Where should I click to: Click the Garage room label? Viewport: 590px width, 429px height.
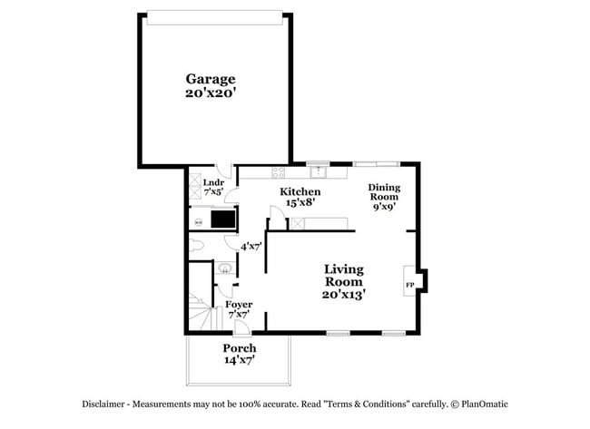pyautogui.click(x=211, y=79)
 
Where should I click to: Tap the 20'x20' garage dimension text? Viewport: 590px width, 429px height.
pyautogui.click(x=211, y=93)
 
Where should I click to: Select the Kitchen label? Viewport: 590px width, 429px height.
pyautogui.click(x=300, y=191)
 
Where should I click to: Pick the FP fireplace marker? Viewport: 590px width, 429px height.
pyautogui.click(x=409, y=285)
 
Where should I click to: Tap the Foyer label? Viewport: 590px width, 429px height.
pyautogui.click(x=239, y=304)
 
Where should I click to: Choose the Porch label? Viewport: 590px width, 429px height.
pyautogui.click(x=240, y=348)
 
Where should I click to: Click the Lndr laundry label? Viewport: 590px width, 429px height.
pyautogui.click(x=213, y=182)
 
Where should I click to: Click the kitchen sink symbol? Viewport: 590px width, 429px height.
pyautogui.click(x=317, y=171)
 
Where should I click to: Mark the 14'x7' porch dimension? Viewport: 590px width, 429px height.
pyautogui.click(x=240, y=360)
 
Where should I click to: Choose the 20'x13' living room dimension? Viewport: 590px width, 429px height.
pyautogui.click(x=344, y=294)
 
